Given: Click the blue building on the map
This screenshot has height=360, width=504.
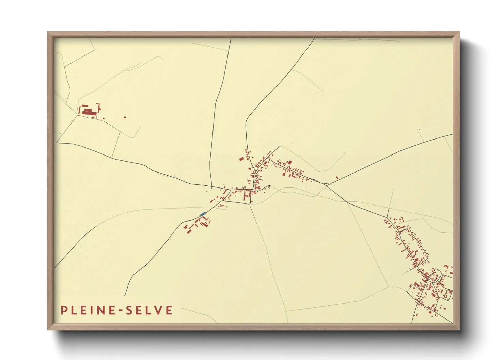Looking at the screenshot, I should (202, 214).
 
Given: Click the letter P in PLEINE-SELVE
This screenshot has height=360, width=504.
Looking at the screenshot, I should (64, 310).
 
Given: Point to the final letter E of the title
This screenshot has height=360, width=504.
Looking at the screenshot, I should (169, 310).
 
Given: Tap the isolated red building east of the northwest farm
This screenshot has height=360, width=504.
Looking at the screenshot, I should (125, 117).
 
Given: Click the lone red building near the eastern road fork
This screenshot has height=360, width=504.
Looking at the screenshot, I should (337, 177).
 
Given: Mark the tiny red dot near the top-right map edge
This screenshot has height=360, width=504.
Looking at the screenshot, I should (419, 130).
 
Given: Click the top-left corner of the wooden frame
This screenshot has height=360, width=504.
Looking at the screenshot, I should (48, 32).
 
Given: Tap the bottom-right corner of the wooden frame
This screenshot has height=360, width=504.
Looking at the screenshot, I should (459, 329).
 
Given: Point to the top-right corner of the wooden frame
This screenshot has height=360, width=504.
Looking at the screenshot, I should (459, 32).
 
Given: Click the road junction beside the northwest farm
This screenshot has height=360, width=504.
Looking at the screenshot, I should (78, 115).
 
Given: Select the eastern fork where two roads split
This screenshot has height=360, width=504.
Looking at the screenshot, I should (326, 184).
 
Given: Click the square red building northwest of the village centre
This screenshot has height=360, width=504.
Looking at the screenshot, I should (241, 158).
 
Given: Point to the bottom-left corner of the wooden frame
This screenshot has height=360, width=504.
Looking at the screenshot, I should (48, 329).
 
